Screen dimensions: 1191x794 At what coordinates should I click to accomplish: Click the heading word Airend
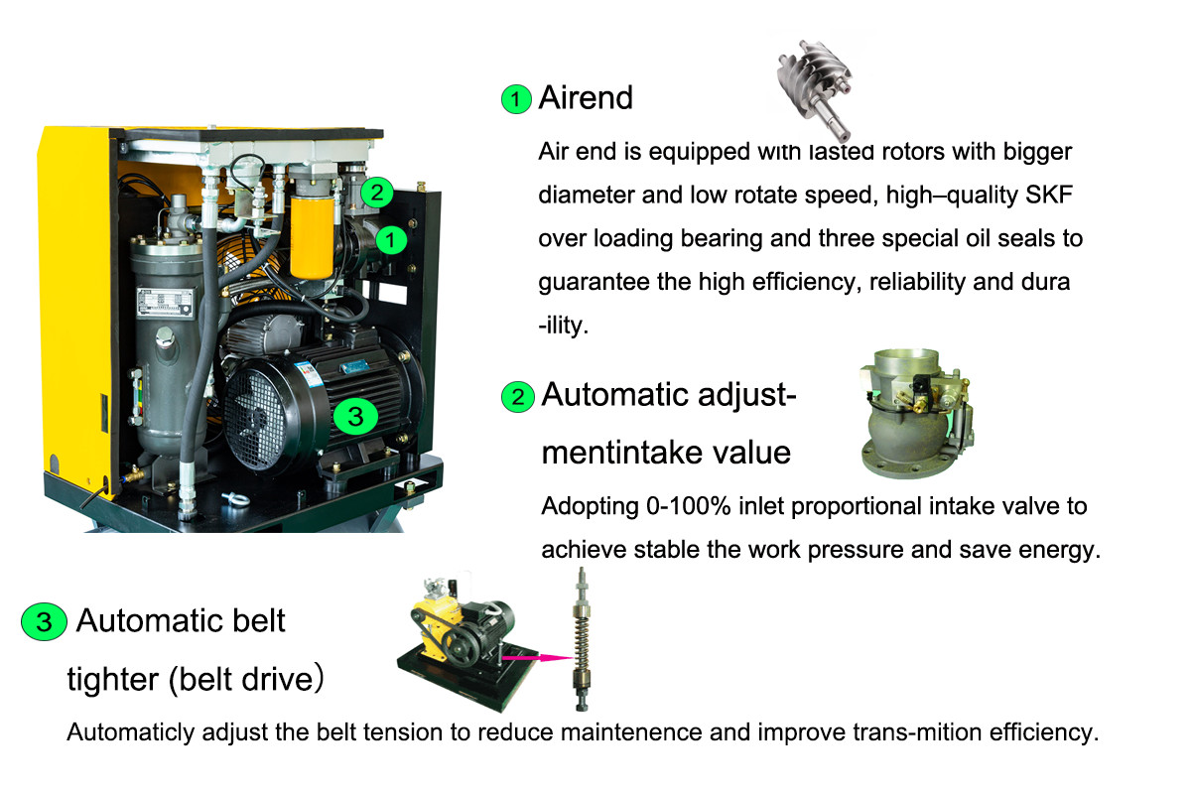point(586,98)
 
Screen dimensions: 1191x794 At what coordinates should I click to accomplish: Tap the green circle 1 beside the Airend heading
point(516,99)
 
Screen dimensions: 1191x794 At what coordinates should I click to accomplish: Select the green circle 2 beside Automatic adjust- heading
point(517,397)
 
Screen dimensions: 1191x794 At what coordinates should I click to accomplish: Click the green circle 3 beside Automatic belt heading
point(44,621)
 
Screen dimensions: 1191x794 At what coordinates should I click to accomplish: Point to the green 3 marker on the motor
point(355,416)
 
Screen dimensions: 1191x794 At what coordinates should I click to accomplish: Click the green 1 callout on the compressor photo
point(391,240)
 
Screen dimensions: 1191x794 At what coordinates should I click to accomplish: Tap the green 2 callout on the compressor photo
point(377,193)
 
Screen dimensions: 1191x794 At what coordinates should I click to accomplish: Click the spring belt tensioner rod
point(583,638)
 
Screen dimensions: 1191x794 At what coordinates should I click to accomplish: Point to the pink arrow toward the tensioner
point(538,658)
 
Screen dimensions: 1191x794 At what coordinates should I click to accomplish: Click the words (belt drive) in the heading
point(246,679)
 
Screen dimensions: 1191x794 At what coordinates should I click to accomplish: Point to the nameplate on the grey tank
point(165,303)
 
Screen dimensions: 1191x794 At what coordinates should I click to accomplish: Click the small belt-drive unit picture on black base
point(467,643)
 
